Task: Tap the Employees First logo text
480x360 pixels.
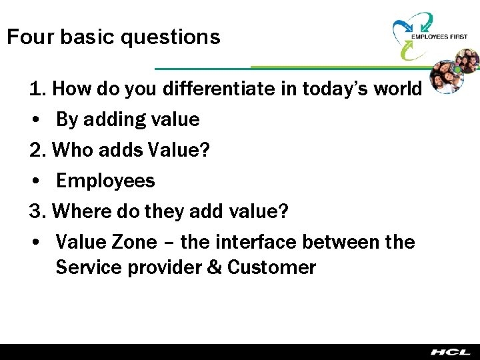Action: click(439, 37)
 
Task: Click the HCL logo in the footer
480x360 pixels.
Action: click(450, 351)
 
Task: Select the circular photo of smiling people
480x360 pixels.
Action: click(455, 77)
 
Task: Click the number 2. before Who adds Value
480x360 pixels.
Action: click(38, 150)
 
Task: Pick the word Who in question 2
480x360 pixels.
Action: click(69, 150)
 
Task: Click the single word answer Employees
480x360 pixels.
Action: click(105, 181)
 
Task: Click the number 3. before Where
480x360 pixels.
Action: click(38, 211)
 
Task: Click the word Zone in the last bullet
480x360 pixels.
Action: click(133, 242)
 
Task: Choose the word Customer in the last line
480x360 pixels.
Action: click(271, 268)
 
